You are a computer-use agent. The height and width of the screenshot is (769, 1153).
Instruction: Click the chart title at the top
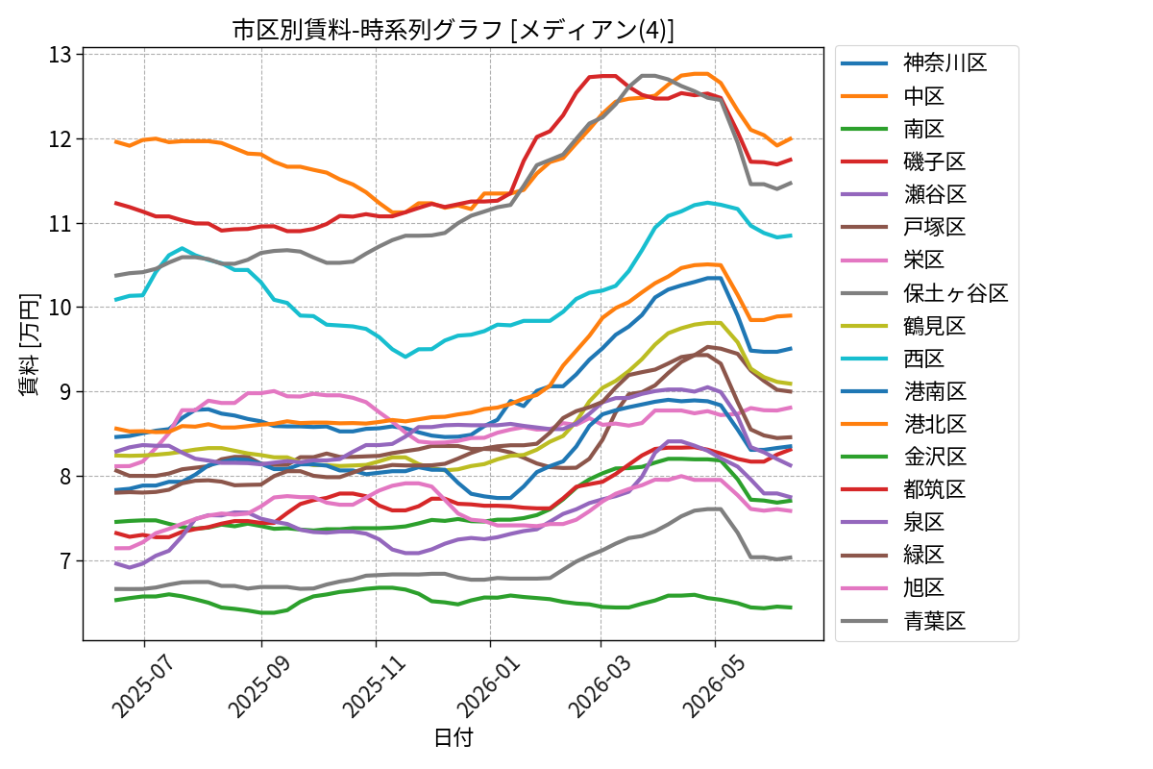pyautogui.click(x=453, y=30)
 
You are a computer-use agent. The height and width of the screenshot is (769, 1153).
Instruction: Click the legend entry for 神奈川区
pyautogui.click(x=914, y=63)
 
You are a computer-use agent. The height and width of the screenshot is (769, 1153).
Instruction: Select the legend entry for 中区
pyautogui.click(x=893, y=96)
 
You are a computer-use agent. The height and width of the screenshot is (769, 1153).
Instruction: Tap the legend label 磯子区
pyautogui.click(x=934, y=161)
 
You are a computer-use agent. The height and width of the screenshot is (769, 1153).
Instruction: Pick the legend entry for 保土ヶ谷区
pyautogui.click(x=924, y=293)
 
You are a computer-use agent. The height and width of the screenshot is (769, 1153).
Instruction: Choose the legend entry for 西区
pyautogui.click(x=893, y=359)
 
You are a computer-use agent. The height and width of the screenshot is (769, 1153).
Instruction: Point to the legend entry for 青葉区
pyautogui.click(x=903, y=621)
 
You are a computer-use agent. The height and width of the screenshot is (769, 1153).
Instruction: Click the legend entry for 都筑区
pyautogui.click(x=903, y=489)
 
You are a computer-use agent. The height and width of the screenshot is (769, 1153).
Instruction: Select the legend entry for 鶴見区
pyautogui.click(x=903, y=326)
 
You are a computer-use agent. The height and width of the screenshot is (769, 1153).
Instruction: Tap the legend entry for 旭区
pyautogui.click(x=893, y=587)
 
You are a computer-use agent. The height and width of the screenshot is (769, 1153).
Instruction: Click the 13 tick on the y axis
pyautogui.click(x=61, y=55)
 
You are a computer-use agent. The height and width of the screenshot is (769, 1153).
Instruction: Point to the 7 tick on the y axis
pyautogui.click(x=66, y=561)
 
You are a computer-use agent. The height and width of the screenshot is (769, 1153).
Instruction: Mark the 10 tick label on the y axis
pyautogui.click(x=61, y=308)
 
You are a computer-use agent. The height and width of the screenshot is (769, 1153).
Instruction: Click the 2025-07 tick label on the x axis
pyautogui.click(x=143, y=686)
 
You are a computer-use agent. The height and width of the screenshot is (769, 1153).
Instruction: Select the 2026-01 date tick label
pyautogui.click(x=489, y=686)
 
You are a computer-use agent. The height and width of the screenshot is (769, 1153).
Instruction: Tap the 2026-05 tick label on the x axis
pyautogui.click(x=713, y=686)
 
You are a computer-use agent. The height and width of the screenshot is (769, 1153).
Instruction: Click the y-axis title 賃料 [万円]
pyautogui.click(x=30, y=344)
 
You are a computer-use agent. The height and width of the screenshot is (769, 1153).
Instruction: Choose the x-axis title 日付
pyautogui.click(x=453, y=737)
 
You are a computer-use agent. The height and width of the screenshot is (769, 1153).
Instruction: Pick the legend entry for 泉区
pyautogui.click(x=893, y=522)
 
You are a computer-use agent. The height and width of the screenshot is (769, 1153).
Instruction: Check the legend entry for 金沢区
pyautogui.click(x=903, y=457)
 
